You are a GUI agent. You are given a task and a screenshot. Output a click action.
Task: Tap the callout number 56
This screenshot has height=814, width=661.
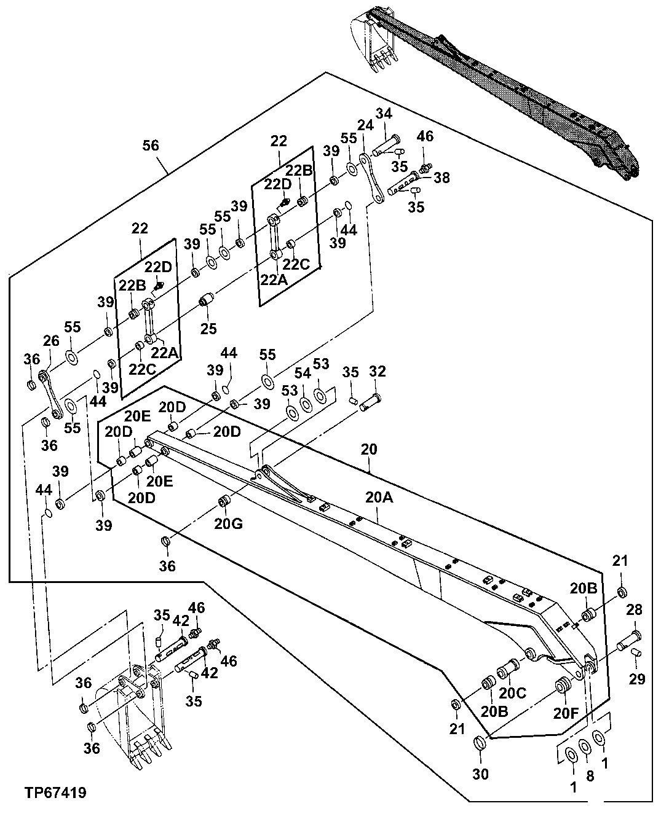151,146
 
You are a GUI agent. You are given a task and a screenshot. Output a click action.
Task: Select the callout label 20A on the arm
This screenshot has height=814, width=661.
378,498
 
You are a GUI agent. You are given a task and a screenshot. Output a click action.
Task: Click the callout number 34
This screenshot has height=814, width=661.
384,114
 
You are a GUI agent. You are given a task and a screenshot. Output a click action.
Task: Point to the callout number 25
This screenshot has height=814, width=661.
208,329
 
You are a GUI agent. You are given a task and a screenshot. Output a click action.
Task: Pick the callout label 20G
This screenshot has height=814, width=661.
229,523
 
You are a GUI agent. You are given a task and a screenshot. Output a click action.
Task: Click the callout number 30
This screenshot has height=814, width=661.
480,774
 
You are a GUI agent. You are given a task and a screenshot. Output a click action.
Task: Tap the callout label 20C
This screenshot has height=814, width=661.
512,692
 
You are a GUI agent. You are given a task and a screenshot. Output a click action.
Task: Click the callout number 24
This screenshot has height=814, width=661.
366,126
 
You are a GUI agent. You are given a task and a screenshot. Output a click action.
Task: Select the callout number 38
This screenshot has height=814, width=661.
441,178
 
